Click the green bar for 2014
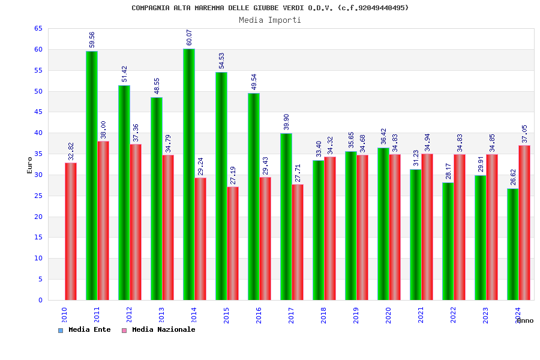coord(188,174)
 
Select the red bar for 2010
coord(71,231)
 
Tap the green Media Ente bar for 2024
coord(512,244)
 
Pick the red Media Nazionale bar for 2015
coord(233,243)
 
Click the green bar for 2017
coord(286,217)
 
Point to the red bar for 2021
coord(427,227)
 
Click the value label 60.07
coord(190,37)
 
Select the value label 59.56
coord(92,40)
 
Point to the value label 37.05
coord(525,134)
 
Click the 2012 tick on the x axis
coord(129,315)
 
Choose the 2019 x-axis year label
coord(356,315)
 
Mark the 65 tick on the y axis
coord(38,29)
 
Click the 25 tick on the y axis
coord(38,196)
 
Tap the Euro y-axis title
coord(30,165)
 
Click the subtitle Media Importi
coord(270,20)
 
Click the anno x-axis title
coord(525,320)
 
